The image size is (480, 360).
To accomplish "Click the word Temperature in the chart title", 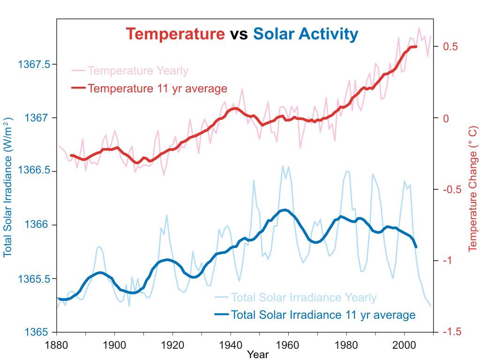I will pos(175,34).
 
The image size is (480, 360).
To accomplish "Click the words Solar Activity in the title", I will pos(306,34).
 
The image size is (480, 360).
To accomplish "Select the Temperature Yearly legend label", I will pos(138,71).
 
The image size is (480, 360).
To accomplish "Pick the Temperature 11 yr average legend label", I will pos(157,88).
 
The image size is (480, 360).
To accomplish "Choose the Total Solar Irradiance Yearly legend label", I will pos(304,298).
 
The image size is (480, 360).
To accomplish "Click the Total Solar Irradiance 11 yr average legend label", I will pos(323,315).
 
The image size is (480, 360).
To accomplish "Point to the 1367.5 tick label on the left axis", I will pos(34,64).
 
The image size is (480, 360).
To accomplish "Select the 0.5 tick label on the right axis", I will pos(450,47).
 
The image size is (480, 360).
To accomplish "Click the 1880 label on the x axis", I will pos(57,345).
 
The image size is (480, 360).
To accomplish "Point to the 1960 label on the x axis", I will pos(288,345).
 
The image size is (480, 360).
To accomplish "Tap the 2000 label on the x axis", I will pos(404,345).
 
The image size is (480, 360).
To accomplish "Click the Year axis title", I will pos(258,354).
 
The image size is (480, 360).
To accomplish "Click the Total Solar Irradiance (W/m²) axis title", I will pos(8,187).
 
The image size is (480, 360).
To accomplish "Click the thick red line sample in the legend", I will pos(78,88).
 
